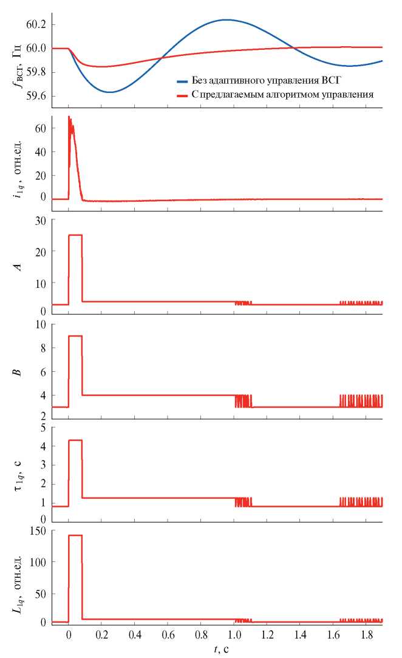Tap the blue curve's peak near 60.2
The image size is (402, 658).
tap(227, 19)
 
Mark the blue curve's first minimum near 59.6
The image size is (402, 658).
tap(109, 92)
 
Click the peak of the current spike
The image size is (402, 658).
tap(69, 116)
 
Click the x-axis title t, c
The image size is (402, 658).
tap(220, 649)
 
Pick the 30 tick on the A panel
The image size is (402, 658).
tap(41, 221)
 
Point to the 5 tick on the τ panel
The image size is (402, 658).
tap(44, 428)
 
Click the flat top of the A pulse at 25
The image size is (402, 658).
tap(75, 235)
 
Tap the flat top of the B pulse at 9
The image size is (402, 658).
tap(75, 336)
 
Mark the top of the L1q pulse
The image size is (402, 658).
tap(75, 535)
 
